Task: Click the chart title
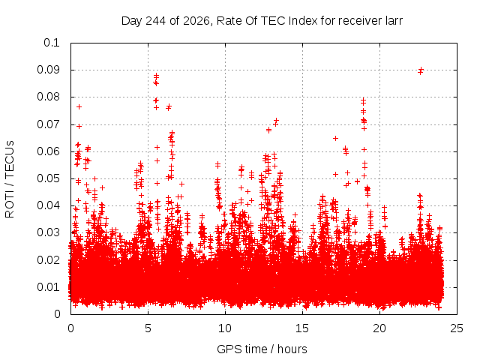pos(262,21)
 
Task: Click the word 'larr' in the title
pos(393,21)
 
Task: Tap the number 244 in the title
pos(156,21)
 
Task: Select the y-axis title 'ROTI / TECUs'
pos(10,179)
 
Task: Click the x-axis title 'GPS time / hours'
pos(262,349)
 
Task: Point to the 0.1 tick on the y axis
pos(52,43)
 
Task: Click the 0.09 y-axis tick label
pos(48,70)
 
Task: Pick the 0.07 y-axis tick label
pos(48,124)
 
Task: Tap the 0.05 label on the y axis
pos(48,178)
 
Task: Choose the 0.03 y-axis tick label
pos(48,232)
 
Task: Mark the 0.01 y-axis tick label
pos(48,287)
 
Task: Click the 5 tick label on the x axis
pos(148,328)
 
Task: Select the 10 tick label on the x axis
pos(225,328)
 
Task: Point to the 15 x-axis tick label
pos(302,328)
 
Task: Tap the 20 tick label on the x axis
pos(379,328)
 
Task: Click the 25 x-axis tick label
pos(457,328)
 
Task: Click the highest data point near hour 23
pos(421,69)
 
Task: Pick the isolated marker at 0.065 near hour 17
pos(335,138)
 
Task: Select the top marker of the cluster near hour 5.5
pos(157,75)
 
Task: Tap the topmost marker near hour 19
pos(363,99)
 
